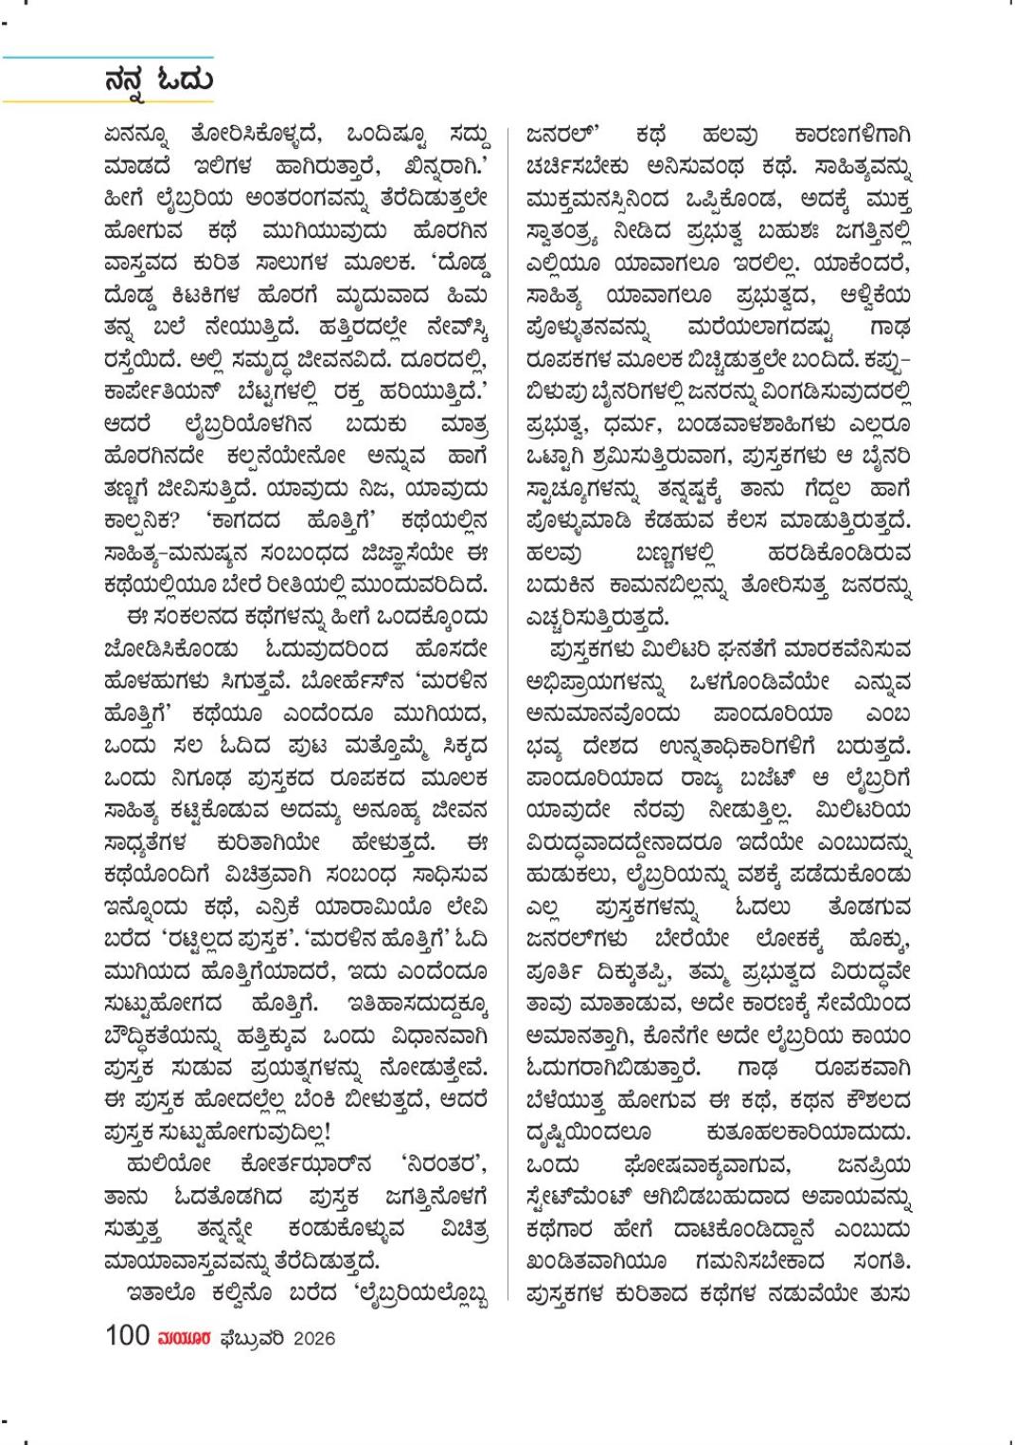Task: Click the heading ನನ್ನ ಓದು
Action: pyautogui.click(x=159, y=79)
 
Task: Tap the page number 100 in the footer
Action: pyautogui.click(x=128, y=1337)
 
